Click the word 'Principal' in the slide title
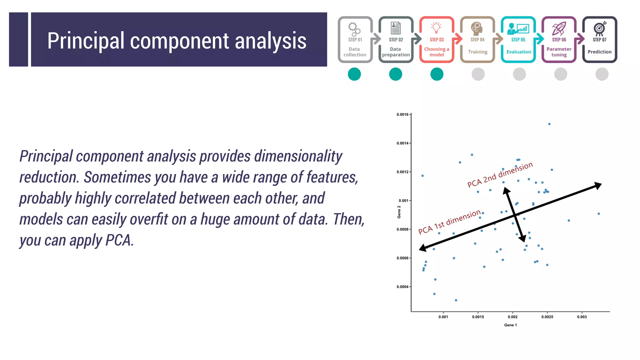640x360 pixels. tap(86, 41)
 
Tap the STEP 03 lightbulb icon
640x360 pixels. tap(436, 27)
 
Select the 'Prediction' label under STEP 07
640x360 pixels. tap(599, 52)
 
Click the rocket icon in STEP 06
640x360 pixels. tap(559, 28)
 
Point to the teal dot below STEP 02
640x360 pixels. tap(396, 74)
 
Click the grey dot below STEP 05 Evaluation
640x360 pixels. tap(519, 74)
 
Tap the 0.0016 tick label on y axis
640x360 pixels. tap(402, 115)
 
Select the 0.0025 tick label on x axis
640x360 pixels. tap(547, 317)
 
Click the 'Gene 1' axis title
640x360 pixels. tap(510, 325)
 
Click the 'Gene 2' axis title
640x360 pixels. tap(399, 212)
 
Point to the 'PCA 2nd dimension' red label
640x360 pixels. tap(500, 175)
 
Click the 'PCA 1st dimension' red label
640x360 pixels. tap(449, 222)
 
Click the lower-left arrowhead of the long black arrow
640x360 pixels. tap(422, 248)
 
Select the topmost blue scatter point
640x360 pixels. tap(549, 124)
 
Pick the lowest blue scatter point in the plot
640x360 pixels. tap(456, 300)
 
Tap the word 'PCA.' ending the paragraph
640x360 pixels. tap(120, 240)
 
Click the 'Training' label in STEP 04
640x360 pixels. tap(477, 52)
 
